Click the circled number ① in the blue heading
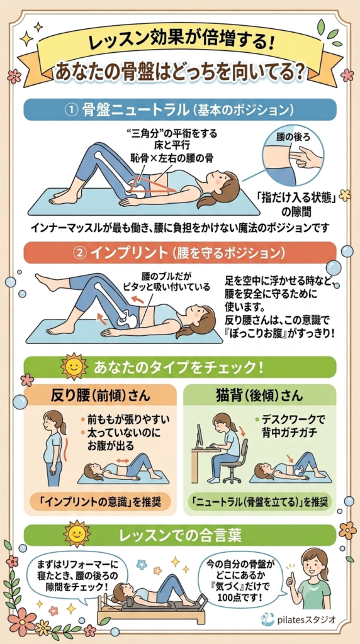73,109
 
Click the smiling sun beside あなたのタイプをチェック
74,365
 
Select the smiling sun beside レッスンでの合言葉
76,535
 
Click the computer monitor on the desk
200,436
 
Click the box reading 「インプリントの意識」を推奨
101,501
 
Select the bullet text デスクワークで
293,419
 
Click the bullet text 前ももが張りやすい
128,420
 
